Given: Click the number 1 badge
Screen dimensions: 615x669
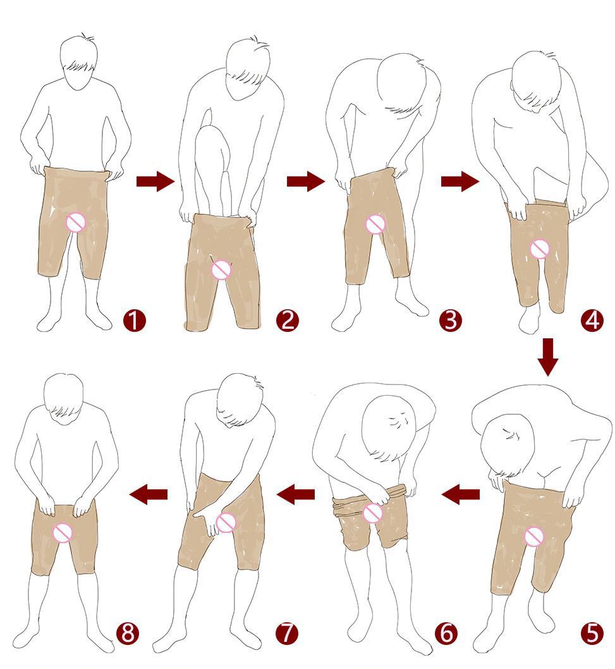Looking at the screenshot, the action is click(x=135, y=321).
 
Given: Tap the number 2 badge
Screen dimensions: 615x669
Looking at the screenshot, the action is click(x=288, y=321).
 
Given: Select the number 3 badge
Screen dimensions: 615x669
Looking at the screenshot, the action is click(x=451, y=321).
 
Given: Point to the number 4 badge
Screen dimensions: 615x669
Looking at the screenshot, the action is click(x=592, y=321).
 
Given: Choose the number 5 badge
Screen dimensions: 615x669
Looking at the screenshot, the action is click(x=592, y=633).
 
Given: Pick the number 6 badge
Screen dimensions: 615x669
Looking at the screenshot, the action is click(x=446, y=633).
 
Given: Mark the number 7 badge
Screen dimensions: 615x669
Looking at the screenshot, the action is click(x=288, y=633).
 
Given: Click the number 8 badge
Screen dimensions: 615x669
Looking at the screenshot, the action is click(x=128, y=633).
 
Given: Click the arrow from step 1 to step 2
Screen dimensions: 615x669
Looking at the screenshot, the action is click(x=155, y=181).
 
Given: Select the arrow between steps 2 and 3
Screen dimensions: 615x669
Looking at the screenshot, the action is click(x=306, y=181).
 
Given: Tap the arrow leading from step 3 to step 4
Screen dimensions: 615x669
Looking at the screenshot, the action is click(x=460, y=181).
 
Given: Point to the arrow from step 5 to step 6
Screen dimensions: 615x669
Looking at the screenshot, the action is click(x=460, y=494).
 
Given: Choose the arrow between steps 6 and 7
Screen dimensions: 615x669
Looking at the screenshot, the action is click(x=296, y=494).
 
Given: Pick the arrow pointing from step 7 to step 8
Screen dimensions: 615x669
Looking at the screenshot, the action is click(x=148, y=494).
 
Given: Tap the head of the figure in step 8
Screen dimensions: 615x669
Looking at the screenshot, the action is click(x=64, y=395).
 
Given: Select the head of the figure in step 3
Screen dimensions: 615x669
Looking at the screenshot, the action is click(x=401, y=83).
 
